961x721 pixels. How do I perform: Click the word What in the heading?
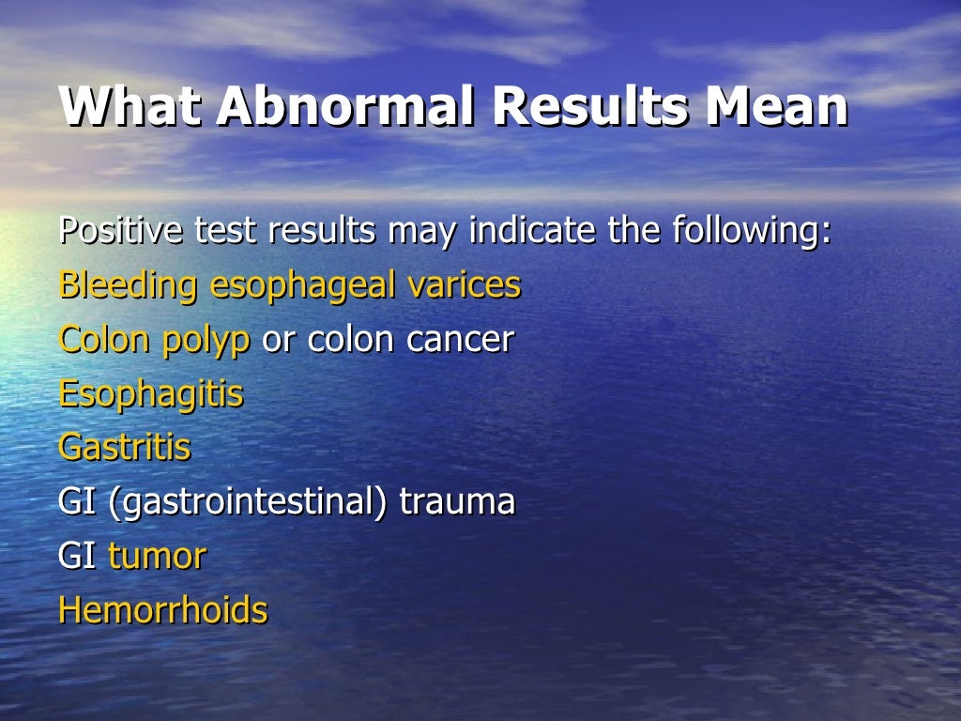[x=130, y=107]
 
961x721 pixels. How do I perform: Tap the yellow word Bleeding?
[x=128, y=285]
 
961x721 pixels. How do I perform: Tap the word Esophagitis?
[x=150, y=394]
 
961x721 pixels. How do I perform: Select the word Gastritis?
[x=124, y=448]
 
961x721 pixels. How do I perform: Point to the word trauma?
[x=457, y=502]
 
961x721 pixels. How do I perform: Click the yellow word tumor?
[x=157, y=557]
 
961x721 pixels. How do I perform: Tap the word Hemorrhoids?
[x=162, y=610]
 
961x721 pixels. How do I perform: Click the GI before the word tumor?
[x=76, y=557]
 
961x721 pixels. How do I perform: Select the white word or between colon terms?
[x=278, y=340]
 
